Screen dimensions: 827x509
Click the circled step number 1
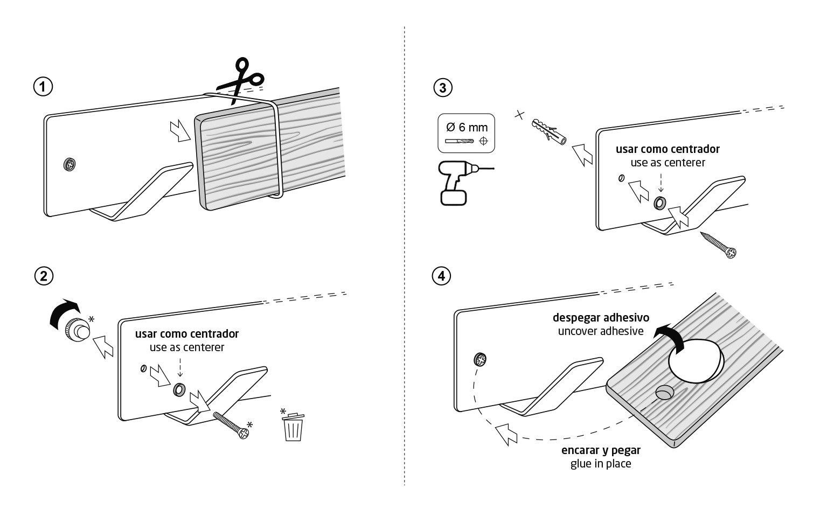(x=43, y=87)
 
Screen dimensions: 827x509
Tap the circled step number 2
(x=44, y=276)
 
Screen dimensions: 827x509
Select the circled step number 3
(x=443, y=87)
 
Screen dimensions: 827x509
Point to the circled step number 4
(x=441, y=276)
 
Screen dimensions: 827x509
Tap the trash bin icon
(x=293, y=427)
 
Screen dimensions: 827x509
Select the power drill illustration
(x=462, y=183)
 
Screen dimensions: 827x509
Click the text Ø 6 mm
(x=467, y=127)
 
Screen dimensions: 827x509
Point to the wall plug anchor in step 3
(x=549, y=132)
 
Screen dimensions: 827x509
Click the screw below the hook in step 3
(x=719, y=245)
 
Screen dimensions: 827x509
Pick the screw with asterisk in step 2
(x=231, y=425)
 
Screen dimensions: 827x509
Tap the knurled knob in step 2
(x=77, y=330)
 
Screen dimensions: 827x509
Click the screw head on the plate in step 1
(x=70, y=164)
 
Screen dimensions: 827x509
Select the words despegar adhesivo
(x=601, y=318)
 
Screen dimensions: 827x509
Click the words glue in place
(x=601, y=464)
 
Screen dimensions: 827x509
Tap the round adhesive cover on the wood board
(x=696, y=361)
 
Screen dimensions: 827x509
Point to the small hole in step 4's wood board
(x=664, y=393)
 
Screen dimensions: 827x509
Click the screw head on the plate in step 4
(x=480, y=359)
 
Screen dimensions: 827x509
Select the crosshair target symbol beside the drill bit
(x=483, y=141)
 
